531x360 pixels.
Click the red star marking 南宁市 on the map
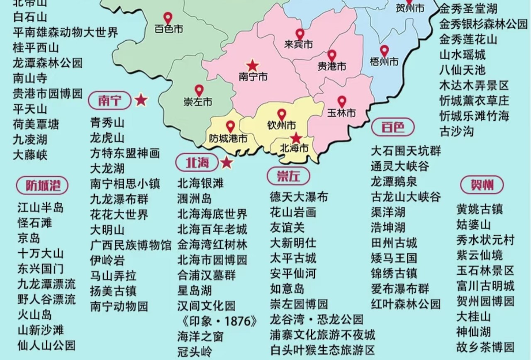(x=252, y=66)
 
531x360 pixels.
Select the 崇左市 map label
(x=198, y=102)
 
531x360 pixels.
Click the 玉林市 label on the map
(x=341, y=112)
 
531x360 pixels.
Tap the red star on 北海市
(x=296, y=138)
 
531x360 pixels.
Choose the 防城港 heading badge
(x=42, y=185)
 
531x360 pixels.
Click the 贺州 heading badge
(x=482, y=185)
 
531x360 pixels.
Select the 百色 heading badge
(x=392, y=127)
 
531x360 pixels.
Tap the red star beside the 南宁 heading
(x=141, y=100)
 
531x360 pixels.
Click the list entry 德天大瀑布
(x=299, y=197)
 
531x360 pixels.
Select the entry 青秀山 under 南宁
(x=107, y=122)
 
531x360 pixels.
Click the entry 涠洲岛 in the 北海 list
(x=195, y=198)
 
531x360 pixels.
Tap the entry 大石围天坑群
(x=406, y=151)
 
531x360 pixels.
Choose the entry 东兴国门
(x=41, y=268)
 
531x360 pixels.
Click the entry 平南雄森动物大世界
(x=66, y=32)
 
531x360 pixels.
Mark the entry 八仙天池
(x=462, y=70)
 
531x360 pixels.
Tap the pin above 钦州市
(x=282, y=114)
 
